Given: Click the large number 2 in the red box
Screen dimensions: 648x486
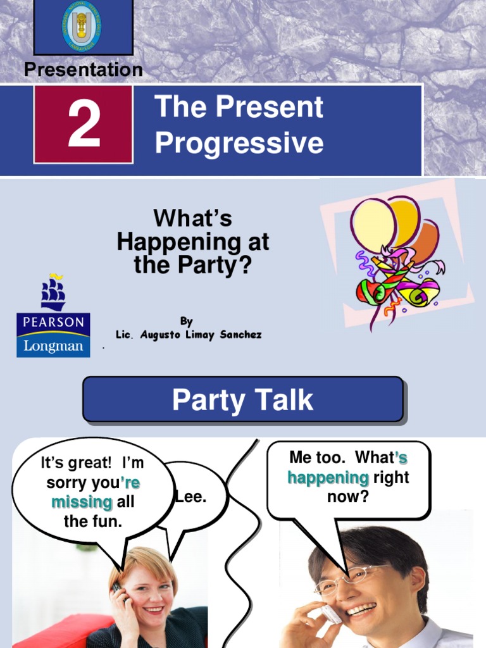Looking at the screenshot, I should click(84, 125).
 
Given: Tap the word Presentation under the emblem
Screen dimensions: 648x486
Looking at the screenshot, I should click(84, 70).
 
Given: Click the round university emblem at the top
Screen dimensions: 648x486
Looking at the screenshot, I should click(82, 25).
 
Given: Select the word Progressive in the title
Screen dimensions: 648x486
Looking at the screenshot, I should click(239, 143).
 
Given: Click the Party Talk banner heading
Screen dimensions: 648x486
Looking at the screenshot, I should click(242, 400).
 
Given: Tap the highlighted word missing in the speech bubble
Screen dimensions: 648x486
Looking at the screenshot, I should click(82, 502).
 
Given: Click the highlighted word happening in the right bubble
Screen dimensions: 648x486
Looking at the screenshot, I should click(328, 477).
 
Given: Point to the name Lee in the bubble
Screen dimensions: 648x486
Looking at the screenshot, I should click(192, 497).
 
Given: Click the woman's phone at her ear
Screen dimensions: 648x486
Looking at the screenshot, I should click(117, 588).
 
